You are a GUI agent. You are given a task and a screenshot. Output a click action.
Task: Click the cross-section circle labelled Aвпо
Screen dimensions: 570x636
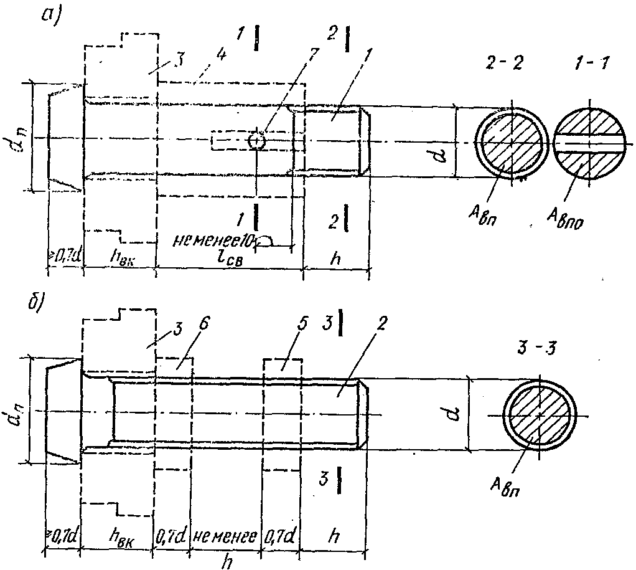587,141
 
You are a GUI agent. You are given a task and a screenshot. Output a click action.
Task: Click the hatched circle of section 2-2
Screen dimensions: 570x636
511,142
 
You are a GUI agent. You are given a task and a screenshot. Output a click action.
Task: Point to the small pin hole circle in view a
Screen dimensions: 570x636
256,141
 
